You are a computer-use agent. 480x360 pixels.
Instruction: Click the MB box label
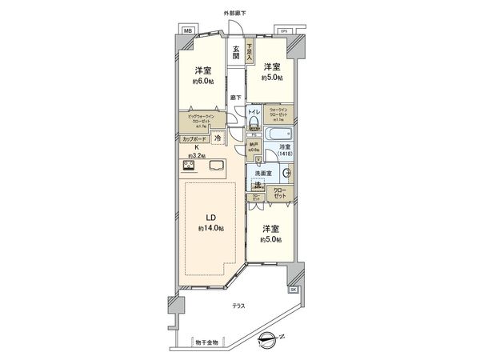pyautogui.click(x=188, y=30)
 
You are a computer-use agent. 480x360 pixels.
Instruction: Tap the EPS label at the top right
pyautogui.click(x=283, y=30)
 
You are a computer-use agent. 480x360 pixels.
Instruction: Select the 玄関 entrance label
pyautogui.click(x=237, y=54)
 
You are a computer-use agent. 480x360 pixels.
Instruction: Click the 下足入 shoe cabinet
pyautogui.click(x=250, y=53)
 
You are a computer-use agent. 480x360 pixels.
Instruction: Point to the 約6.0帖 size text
pyautogui.click(x=202, y=82)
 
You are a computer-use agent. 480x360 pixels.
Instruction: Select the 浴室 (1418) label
pyautogui.click(x=284, y=150)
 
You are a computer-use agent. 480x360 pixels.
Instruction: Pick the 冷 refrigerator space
pyautogui.click(x=218, y=138)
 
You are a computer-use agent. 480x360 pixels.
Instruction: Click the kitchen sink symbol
pyautogui.click(x=216, y=166)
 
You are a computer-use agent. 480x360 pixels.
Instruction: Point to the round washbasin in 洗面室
pyautogui.click(x=286, y=174)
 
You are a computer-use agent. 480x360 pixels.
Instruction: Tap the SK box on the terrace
pyautogui.click(x=293, y=288)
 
